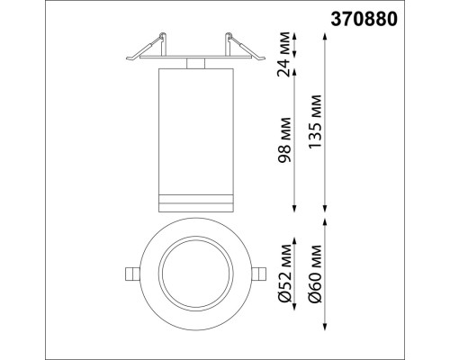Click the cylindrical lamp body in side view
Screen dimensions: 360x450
(x=194, y=126)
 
